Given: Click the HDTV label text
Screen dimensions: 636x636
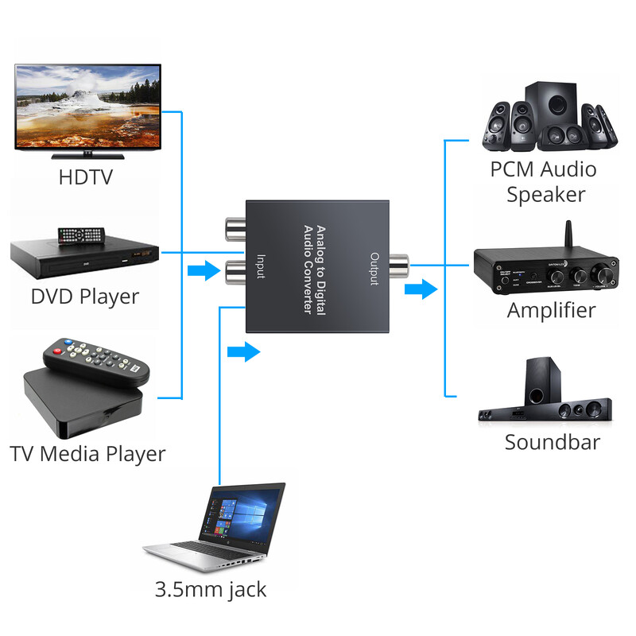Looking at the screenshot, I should pos(86,176).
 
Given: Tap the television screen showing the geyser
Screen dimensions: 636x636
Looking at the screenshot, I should pos(87,107).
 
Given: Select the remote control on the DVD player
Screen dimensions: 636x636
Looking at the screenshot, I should pos(80,235).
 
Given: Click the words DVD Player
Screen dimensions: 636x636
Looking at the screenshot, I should pos(84,297).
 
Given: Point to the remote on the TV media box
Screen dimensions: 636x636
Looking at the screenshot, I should pos(96,363).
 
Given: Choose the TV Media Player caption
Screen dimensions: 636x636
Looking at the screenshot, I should pos(87,454).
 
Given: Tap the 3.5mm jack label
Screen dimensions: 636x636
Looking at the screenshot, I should pos(211,590).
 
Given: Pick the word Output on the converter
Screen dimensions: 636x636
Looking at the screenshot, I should pos(374,269).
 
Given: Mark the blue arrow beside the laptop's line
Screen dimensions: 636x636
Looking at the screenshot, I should pos(243,350).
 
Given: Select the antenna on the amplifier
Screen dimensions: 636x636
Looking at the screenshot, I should pos(569,233).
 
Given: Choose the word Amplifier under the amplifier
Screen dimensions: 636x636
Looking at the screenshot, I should pos(551,309).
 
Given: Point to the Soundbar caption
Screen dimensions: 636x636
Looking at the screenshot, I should pos(552,442).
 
